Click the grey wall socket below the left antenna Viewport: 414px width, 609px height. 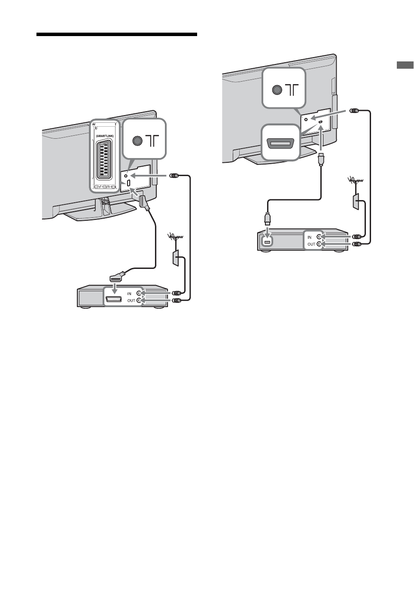176,258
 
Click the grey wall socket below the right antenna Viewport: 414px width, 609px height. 356,202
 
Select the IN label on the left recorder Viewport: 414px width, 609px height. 129,293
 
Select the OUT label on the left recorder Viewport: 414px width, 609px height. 131,301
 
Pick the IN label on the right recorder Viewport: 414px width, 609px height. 310,237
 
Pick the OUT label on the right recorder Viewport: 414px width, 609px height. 311,244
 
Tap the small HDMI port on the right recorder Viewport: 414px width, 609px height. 267,243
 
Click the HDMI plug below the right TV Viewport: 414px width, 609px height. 321,160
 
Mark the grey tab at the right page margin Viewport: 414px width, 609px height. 405,66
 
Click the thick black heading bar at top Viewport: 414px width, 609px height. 116,35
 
